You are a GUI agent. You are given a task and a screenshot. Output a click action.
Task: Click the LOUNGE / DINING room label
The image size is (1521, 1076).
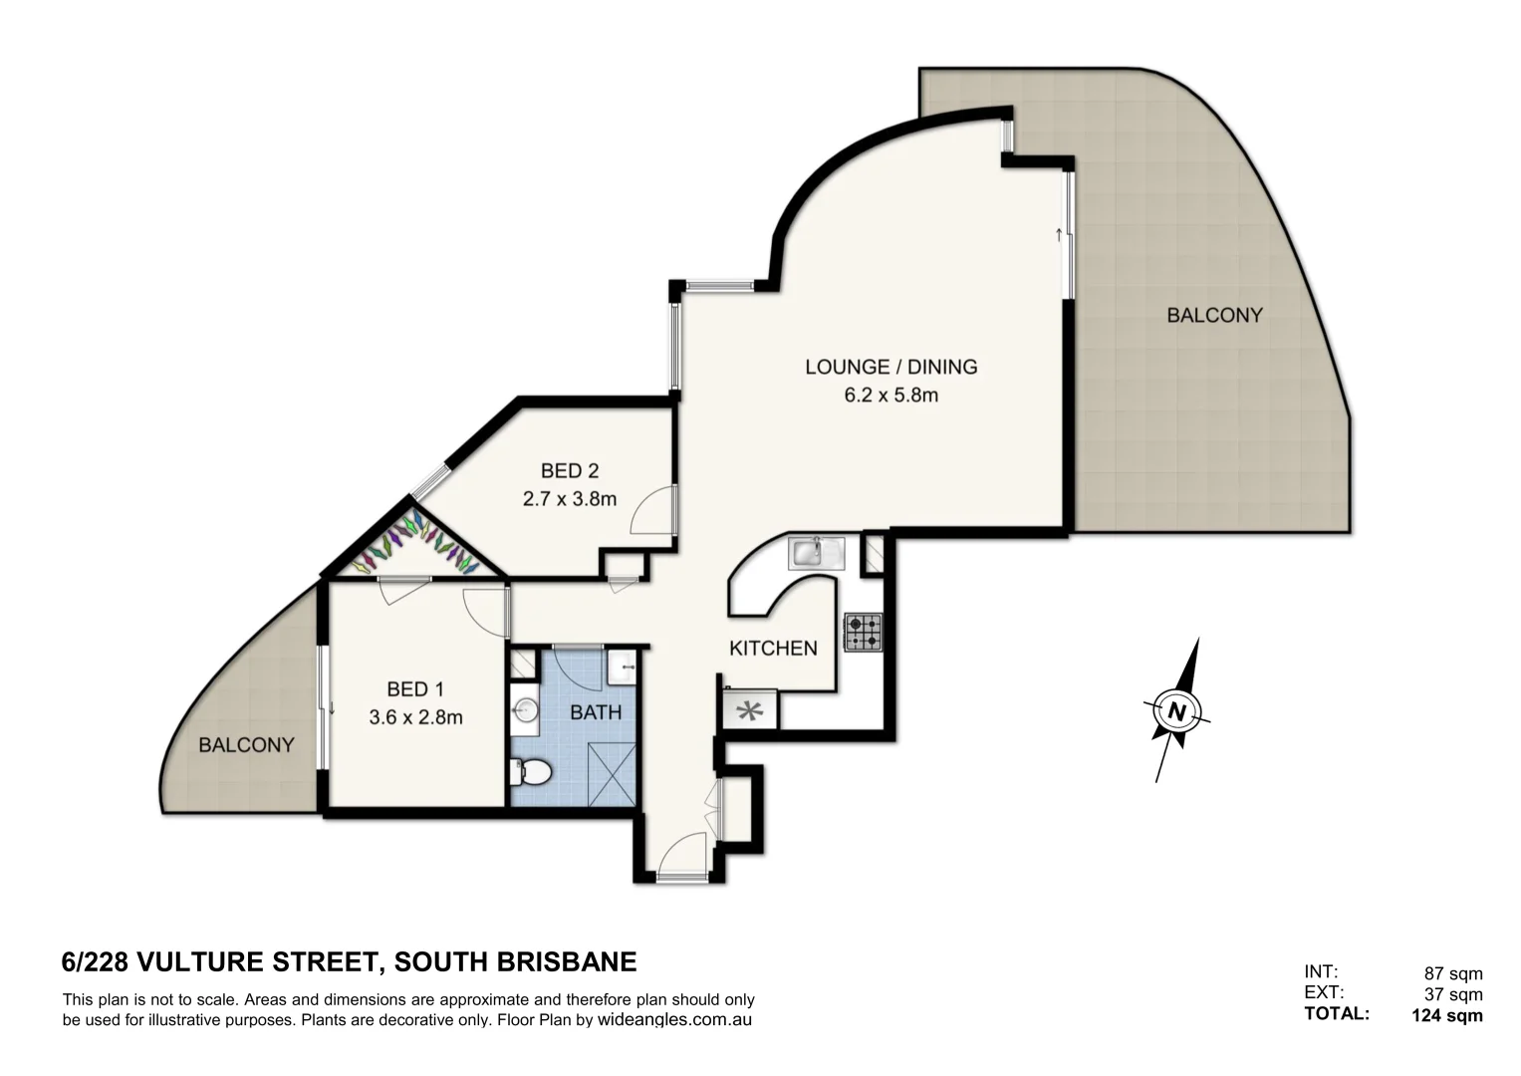tap(890, 367)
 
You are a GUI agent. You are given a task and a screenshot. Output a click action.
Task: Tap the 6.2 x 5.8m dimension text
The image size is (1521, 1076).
tap(890, 396)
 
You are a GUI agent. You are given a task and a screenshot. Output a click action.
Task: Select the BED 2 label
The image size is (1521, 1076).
tap(570, 470)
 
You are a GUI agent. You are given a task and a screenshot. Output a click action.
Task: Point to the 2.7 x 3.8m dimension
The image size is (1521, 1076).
tap(570, 498)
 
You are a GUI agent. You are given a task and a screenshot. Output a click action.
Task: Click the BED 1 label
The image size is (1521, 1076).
tap(415, 688)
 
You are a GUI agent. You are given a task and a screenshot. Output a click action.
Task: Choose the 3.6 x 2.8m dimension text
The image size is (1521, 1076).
tap(415, 716)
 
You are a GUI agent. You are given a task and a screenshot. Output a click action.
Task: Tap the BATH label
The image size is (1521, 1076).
tap(596, 712)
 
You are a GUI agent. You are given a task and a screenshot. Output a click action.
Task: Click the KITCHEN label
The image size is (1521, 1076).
tap(773, 649)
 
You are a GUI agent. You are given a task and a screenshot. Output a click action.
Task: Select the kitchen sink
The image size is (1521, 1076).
tap(816, 552)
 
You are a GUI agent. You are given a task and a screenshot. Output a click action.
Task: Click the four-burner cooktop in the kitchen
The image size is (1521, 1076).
tap(864, 632)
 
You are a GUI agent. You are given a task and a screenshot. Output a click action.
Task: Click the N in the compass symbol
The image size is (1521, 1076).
tap(1177, 711)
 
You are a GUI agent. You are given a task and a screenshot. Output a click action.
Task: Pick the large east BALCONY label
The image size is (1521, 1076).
tap(1214, 316)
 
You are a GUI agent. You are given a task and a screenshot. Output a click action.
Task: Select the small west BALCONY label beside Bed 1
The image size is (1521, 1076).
tap(246, 744)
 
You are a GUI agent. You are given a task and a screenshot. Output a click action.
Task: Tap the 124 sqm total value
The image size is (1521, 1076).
tap(1446, 1016)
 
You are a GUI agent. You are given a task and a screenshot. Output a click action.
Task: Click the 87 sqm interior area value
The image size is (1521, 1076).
tap(1453, 974)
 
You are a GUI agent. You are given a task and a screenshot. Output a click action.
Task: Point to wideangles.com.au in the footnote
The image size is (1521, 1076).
tap(673, 1020)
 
